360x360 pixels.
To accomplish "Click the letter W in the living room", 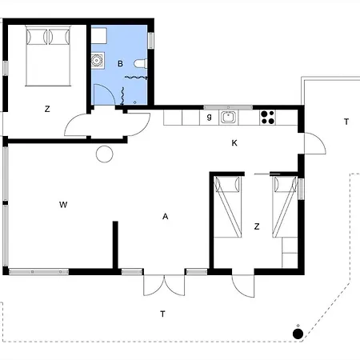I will click(x=62, y=206).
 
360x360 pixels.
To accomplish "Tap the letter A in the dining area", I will click(x=165, y=216).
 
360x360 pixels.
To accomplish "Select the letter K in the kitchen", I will click(x=234, y=143).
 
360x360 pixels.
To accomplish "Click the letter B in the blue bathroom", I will click(x=120, y=63).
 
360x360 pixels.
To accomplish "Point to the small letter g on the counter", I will click(x=209, y=117).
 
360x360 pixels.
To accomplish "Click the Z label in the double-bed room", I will click(x=48, y=109).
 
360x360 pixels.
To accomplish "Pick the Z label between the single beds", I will click(x=256, y=226).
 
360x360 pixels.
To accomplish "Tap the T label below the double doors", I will click(x=162, y=314).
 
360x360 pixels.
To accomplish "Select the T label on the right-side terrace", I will click(x=346, y=122).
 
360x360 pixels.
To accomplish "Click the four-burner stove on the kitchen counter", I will click(x=267, y=118).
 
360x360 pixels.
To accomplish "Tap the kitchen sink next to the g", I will click(x=228, y=118).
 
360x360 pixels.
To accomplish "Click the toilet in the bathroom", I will click(x=140, y=63).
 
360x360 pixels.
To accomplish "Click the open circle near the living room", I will click(x=104, y=154).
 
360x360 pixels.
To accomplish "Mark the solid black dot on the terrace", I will click(x=298, y=334).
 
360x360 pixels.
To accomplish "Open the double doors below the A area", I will click(x=164, y=286).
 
